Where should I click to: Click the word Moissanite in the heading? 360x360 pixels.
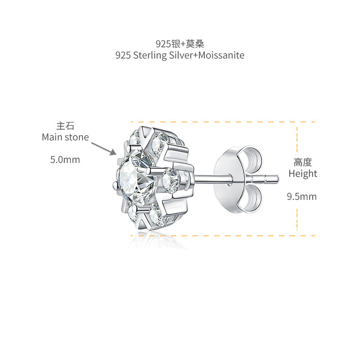pos(221,55)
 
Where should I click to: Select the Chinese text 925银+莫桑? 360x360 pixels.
pos(180,44)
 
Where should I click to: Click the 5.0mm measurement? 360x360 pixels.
pos(65,160)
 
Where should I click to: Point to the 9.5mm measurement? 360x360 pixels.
pos(301,197)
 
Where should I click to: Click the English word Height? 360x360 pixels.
pos(303,174)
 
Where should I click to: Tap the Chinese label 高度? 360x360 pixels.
pos(303,162)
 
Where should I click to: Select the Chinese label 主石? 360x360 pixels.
pos(65,126)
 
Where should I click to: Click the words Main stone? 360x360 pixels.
pos(65,137)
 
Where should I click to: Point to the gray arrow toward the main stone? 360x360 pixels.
pos(104,149)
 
